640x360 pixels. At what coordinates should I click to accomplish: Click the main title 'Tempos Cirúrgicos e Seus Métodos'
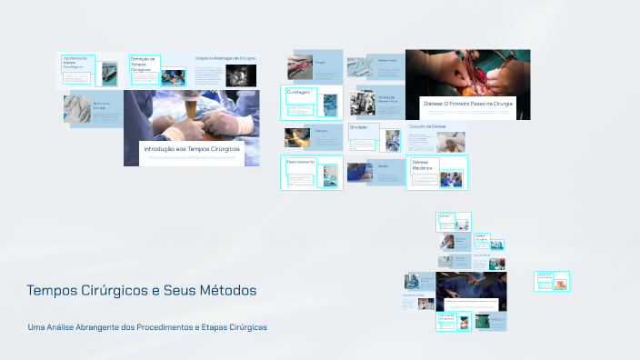pos(142,290)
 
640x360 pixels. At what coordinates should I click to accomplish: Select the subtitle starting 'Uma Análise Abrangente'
pos(147,327)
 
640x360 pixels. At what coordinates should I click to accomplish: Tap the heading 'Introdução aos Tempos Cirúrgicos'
pos(191,148)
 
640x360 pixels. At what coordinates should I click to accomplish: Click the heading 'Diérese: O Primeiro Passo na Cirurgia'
pos(467,105)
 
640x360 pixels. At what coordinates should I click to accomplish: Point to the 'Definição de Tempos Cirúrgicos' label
pos(144,64)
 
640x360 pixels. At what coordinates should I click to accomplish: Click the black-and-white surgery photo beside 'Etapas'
pos(241,76)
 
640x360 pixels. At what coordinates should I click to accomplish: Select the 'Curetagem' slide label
pos(300,92)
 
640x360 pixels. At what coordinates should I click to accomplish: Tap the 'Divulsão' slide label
pos(359,127)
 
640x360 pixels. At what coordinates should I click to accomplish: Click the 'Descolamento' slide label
pos(301,162)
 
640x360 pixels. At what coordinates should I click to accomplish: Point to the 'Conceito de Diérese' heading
pos(426,127)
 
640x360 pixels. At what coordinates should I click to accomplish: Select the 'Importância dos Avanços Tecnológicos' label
pos(75,62)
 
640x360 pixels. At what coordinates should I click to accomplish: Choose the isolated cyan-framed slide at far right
pos(551,281)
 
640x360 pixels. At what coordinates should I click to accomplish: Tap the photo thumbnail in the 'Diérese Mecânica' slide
pos(452,177)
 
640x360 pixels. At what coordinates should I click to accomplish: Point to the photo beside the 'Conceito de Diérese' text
pos(450,142)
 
